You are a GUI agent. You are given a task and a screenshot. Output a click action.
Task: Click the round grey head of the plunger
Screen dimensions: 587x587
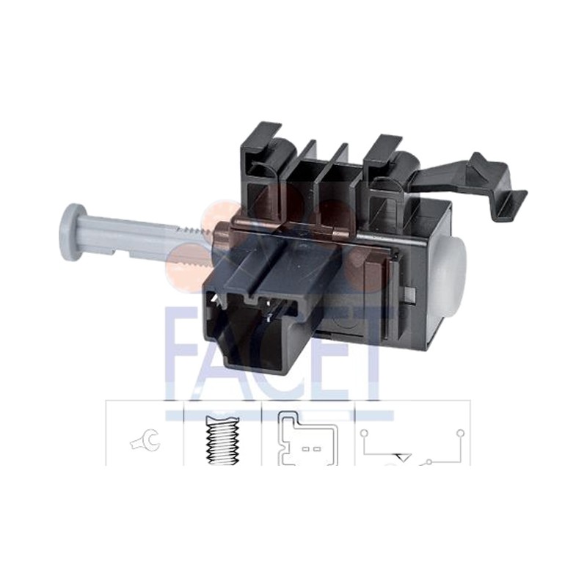pos(70,232)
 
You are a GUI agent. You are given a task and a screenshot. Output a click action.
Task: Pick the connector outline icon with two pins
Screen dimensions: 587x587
pos(307,439)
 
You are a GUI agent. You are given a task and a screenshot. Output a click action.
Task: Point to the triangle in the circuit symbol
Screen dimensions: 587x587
pos(402,457)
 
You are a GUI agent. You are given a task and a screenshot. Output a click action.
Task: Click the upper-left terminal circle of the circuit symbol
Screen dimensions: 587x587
pos(364,434)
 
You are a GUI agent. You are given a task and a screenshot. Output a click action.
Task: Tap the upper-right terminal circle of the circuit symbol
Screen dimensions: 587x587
pos(462,433)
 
